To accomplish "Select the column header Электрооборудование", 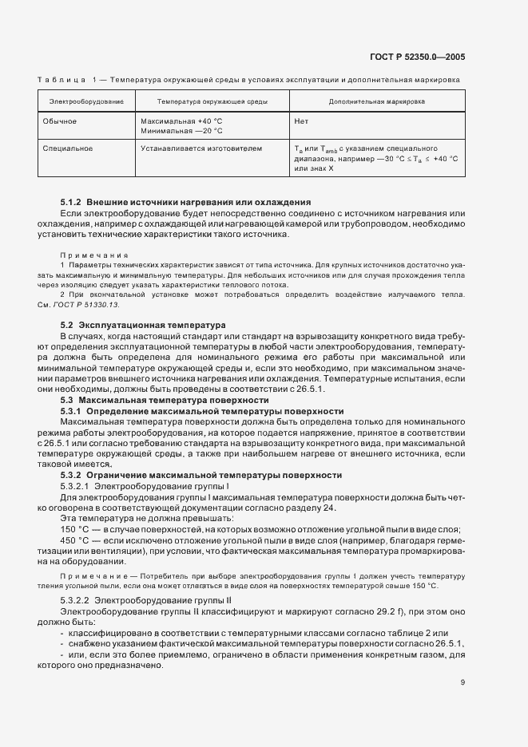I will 86,102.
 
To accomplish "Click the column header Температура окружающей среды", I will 212,102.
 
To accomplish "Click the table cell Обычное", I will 63,121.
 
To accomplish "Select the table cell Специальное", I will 71,148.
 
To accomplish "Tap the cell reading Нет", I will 302,121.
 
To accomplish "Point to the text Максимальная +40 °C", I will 181,121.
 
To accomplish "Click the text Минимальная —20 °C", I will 181,130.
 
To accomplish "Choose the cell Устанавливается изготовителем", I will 189,148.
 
